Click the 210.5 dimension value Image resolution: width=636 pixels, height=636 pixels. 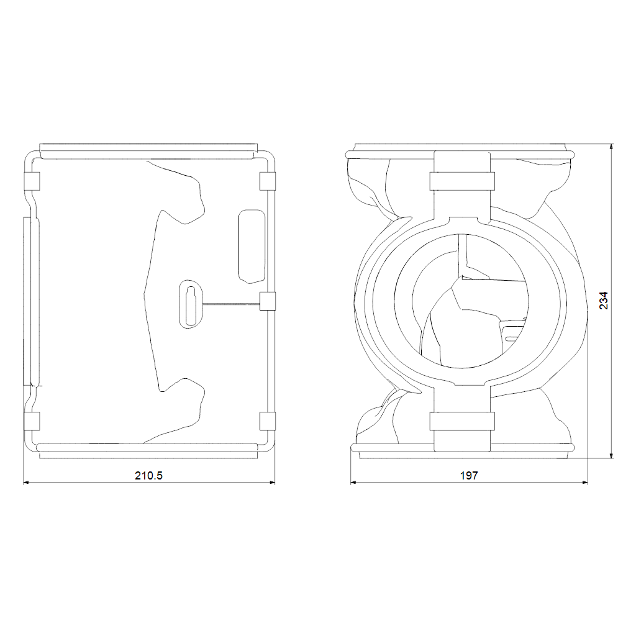pos(148,475)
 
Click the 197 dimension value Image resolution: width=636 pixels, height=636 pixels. pos(469,475)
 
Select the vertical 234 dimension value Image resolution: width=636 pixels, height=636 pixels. pos(604,301)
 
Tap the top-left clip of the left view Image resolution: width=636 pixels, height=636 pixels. pos(32,181)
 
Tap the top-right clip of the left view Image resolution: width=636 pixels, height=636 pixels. pos(267,181)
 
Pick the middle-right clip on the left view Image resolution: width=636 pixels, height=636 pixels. pos(267,301)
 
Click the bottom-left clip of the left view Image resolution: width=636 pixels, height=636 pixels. pos(32,421)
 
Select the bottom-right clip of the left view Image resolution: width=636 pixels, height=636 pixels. pos(267,421)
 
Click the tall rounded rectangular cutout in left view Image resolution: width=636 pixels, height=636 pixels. pos(252,246)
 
